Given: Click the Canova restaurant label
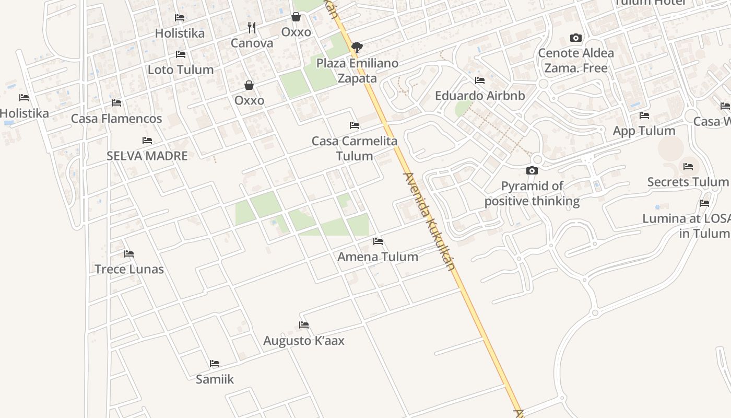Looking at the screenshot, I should (x=252, y=43).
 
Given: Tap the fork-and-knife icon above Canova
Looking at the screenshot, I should (x=252, y=27).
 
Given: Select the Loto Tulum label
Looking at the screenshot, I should (x=181, y=69).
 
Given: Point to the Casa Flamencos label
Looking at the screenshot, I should (x=116, y=119).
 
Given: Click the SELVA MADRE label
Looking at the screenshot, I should (x=147, y=156).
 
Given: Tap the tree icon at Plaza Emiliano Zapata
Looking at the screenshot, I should (x=357, y=48).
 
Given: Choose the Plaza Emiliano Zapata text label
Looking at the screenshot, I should (x=357, y=71).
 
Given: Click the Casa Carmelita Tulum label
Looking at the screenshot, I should (x=355, y=148).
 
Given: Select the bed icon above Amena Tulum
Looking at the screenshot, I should (x=378, y=241).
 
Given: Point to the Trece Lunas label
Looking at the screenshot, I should (x=129, y=269).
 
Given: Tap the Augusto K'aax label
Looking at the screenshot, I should (x=304, y=341).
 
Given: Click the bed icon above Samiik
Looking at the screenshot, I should (x=215, y=364).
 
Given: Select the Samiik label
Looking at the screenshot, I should (x=215, y=379).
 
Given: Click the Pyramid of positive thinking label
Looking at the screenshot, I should (x=532, y=193).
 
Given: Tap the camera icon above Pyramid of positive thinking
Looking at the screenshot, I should (x=532, y=170).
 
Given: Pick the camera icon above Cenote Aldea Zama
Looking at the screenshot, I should (x=576, y=38).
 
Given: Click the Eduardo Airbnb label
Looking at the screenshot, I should (x=480, y=96).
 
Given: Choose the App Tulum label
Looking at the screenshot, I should (x=644, y=131).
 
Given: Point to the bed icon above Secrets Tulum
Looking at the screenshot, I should (x=688, y=167).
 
